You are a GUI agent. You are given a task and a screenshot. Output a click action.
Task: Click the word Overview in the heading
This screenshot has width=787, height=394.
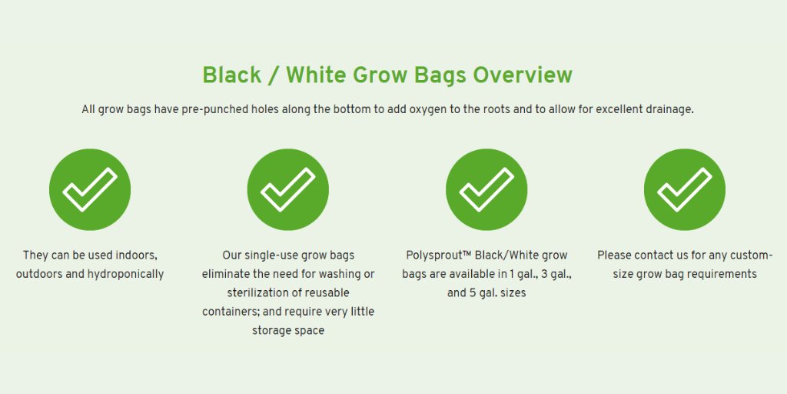[x=523, y=75]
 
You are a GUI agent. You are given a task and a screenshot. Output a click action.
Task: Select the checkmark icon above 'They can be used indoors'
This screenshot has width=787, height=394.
[x=90, y=189]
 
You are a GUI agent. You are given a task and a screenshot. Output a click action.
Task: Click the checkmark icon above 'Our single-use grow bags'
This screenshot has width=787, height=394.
[x=288, y=189]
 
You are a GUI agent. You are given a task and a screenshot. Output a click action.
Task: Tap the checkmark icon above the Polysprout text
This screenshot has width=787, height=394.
[x=486, y=189]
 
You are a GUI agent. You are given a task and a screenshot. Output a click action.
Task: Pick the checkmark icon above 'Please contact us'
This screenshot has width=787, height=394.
[x=685, y=189]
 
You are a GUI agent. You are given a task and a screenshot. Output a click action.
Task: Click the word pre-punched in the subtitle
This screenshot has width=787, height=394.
[x=215, y=109]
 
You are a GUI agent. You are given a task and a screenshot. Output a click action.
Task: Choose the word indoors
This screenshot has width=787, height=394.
[x=134, y=255]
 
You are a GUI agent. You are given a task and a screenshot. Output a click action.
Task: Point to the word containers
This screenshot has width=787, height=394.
[x=231, y=312]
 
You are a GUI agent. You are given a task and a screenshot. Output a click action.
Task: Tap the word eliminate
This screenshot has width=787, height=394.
[x=226, y=274]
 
